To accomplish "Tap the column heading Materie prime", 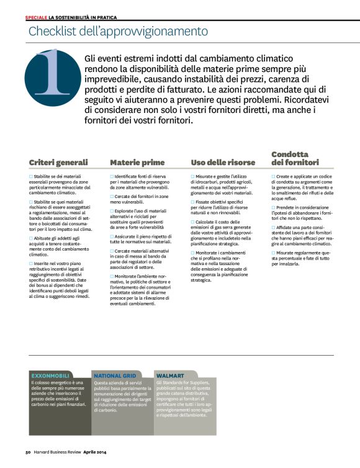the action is click(137, 163).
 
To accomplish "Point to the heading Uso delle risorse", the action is click(223, 163).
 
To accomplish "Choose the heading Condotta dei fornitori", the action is click(295, 158).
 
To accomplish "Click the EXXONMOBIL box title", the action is click(51, 376).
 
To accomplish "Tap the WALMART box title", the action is click(170, 376).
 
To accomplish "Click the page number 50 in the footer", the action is click(29, 452).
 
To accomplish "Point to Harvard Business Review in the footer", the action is click(60, 452).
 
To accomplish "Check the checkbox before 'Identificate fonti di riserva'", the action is click(112, 177).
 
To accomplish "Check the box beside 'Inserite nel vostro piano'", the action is click(31, 263).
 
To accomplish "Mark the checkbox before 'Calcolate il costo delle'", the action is click(193, 222).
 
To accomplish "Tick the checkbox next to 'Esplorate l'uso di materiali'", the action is click(112, 212).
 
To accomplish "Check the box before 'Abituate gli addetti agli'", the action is click(31, 238).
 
